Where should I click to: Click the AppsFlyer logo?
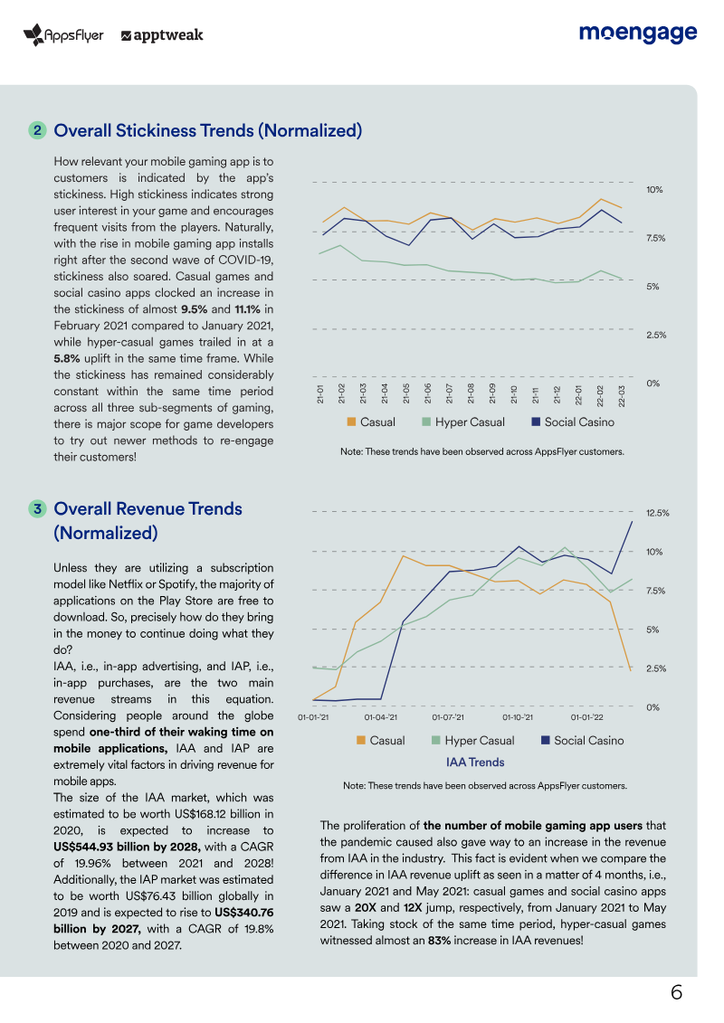[63, 34]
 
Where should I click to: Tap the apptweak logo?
[162, 35]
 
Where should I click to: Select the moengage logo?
[638, 33]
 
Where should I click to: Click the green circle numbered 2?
[37, 130]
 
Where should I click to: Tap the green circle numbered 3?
[37, 509]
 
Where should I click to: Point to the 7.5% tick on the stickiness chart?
[655, 238]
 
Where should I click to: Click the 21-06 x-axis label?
[428, 393]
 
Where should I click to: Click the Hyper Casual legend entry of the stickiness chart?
[463, 422]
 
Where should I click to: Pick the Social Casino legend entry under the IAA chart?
[582, 741]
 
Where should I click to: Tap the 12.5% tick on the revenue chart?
[658, 513]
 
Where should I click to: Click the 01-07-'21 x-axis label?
[448, 717]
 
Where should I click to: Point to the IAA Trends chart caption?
[475, 762]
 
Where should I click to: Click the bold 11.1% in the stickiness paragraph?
[247, 309]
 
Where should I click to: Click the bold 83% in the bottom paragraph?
[439, 940]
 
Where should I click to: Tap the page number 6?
[676, 992]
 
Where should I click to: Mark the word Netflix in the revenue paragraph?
[126, 584]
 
